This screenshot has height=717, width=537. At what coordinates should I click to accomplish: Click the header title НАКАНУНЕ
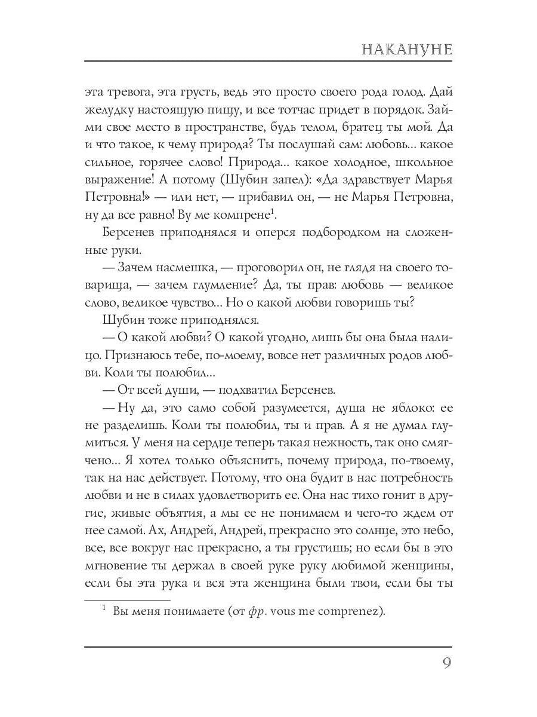tap(407, 49)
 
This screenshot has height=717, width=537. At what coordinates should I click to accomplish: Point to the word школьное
tap(418, 163)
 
